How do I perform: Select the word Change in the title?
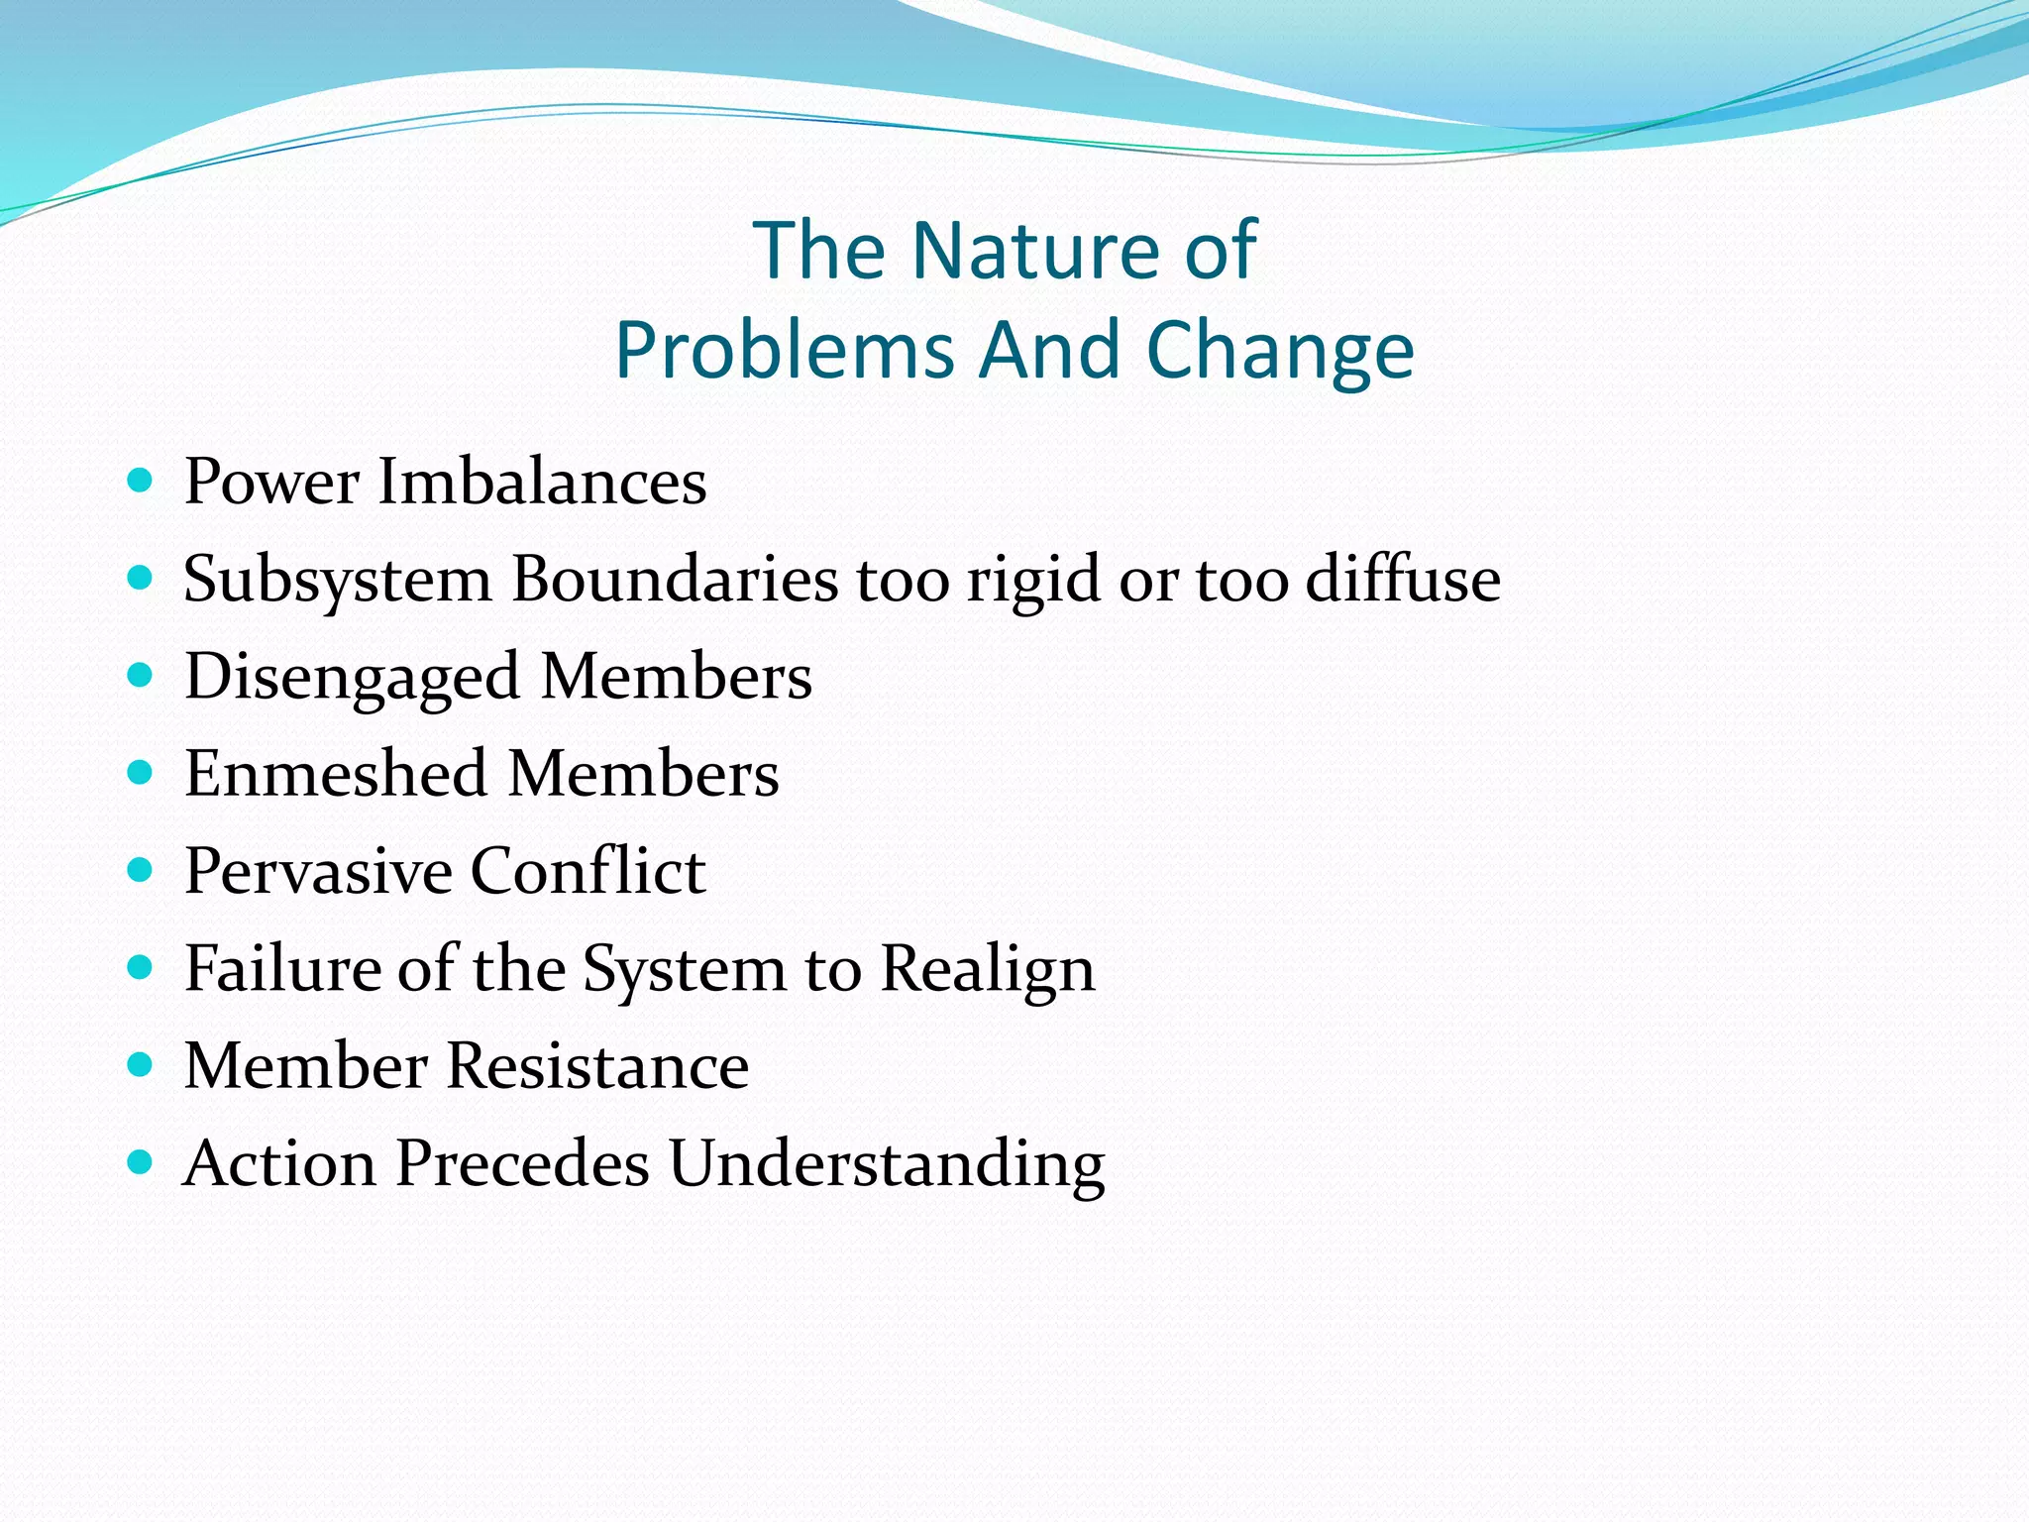click(x=1280, y=351)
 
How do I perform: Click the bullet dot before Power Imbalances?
click(x=141, y=482)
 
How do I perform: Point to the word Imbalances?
click(x=542, y=483)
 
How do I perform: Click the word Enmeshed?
click(x=336, y=774)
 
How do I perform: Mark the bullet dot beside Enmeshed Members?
click(x=141, y=773)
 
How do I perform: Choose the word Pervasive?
click(x=318, y=871)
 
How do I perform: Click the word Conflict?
click(x=587, y=871)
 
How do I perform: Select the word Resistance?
click(x=597, y=1066)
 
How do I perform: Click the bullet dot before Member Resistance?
click(x=141, y=1065)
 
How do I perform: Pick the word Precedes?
click(x=522, y=1163)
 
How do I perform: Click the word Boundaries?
click(x=675, y=579)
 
